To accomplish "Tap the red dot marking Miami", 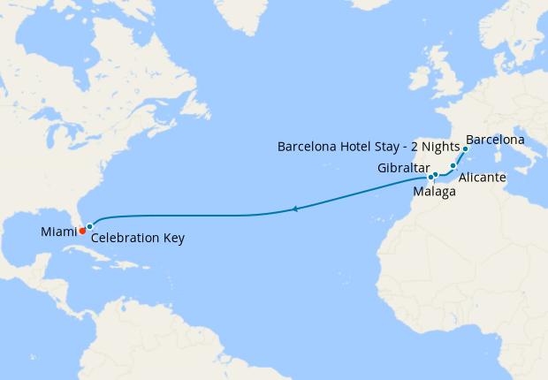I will point(82,231).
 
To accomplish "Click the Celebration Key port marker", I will point(89,227).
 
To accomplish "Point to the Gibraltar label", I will point(403,168).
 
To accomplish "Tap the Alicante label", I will point(483,178).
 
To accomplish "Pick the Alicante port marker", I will point(453,165).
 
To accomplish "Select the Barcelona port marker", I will point(465,149).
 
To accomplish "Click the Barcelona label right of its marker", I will point(495,140).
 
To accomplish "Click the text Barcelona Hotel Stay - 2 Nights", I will point(368,146).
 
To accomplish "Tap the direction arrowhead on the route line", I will point(294,209).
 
